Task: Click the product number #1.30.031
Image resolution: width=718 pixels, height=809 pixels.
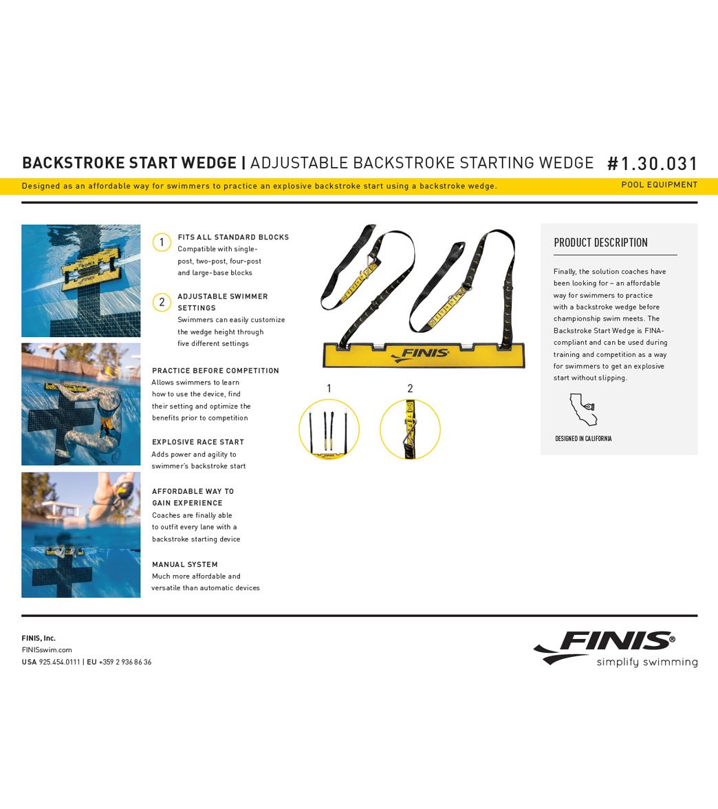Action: click(x=653, y=164)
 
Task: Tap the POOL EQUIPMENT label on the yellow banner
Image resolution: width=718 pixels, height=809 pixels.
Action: click(x=659, y=185)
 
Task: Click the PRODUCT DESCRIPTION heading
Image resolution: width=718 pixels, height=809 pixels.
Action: click(x=600, y=243)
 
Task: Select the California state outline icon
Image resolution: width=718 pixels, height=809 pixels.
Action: click(x=583, y=411)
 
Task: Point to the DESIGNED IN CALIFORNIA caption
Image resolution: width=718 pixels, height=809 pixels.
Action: click(x=583, y=438)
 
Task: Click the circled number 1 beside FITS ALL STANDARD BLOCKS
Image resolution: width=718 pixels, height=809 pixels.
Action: click(x=162, y=242)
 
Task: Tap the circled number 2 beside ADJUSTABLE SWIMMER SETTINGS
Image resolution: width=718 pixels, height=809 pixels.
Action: click(x=162, y=301)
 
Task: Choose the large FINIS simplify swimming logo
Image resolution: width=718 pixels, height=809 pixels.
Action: click(x=615, y=648)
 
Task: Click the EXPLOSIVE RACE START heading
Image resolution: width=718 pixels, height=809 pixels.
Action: click(x=198, y=442)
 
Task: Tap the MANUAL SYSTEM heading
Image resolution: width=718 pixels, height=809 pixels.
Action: click(x=185, y=565)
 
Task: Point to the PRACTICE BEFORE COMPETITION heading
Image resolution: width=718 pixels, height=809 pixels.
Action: click(x=215, y=371)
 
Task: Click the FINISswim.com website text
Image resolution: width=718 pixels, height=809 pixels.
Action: click(x=47, y=650)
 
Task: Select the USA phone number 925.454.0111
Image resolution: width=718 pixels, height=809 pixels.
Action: click(x=59, y=662)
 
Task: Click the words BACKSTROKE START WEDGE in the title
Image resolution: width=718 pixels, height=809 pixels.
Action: click(x=129, y=163)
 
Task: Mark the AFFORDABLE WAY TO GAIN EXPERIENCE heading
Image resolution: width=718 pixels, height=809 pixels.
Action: click(x=193, y=497)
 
